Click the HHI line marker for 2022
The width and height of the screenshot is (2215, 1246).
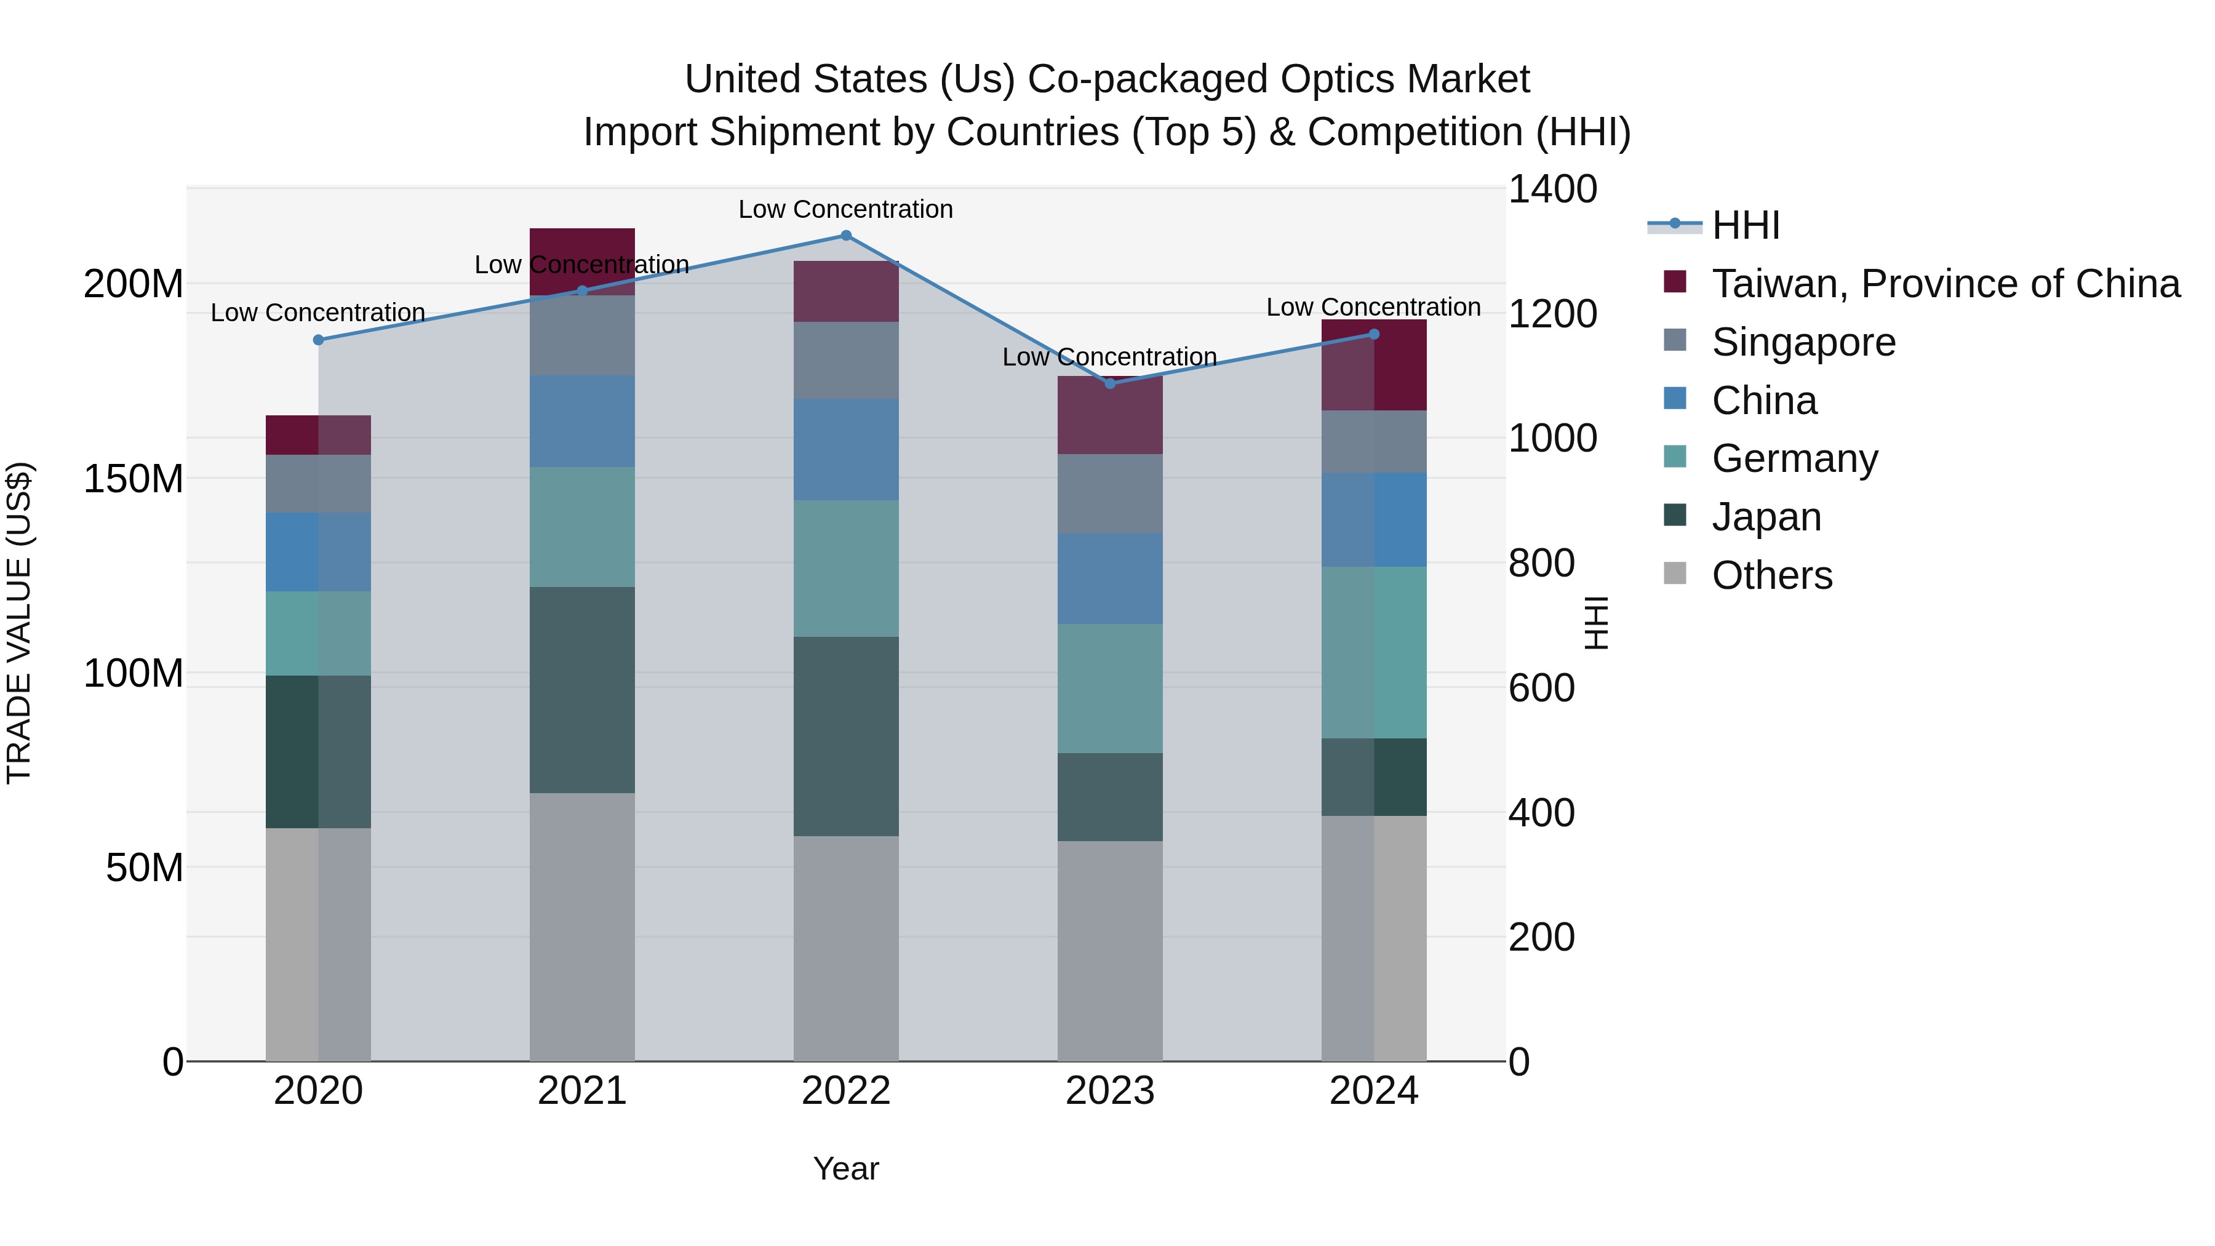click(x=845, y=236)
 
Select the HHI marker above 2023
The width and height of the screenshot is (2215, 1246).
click(x=1109, y=383)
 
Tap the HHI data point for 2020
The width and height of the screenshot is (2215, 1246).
click(x=318, y=340)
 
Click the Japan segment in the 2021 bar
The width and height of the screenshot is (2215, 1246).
click(x=582, y=690)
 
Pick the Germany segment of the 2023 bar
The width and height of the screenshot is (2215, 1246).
click(x=1109, y=688)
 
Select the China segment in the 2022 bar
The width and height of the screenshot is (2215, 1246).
click(x=845, y=449)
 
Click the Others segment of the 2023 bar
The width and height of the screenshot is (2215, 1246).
click(x=1109, y=950)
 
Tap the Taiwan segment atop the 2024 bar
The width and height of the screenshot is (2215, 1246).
click(x=1373, y=365)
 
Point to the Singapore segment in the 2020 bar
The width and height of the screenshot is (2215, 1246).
click(x=318, y=483)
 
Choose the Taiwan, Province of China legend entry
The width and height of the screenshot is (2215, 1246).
click(x=1945, y=284)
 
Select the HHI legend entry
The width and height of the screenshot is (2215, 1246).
click(x=1745, y=225)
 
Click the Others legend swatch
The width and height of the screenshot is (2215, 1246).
click(x=1675, y=573)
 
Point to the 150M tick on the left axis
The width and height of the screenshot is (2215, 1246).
click(x=134, y=479)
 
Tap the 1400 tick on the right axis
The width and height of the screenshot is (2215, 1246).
click(x=1552, y=189)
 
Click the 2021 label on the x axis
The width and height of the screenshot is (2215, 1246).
click(x=582, y=1091)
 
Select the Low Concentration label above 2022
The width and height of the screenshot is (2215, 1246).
click(x=845, y=209)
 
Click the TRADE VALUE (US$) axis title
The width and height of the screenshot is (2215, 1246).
click(x=19, y=623)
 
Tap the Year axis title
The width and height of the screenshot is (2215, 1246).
click(x=845, y=1168)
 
